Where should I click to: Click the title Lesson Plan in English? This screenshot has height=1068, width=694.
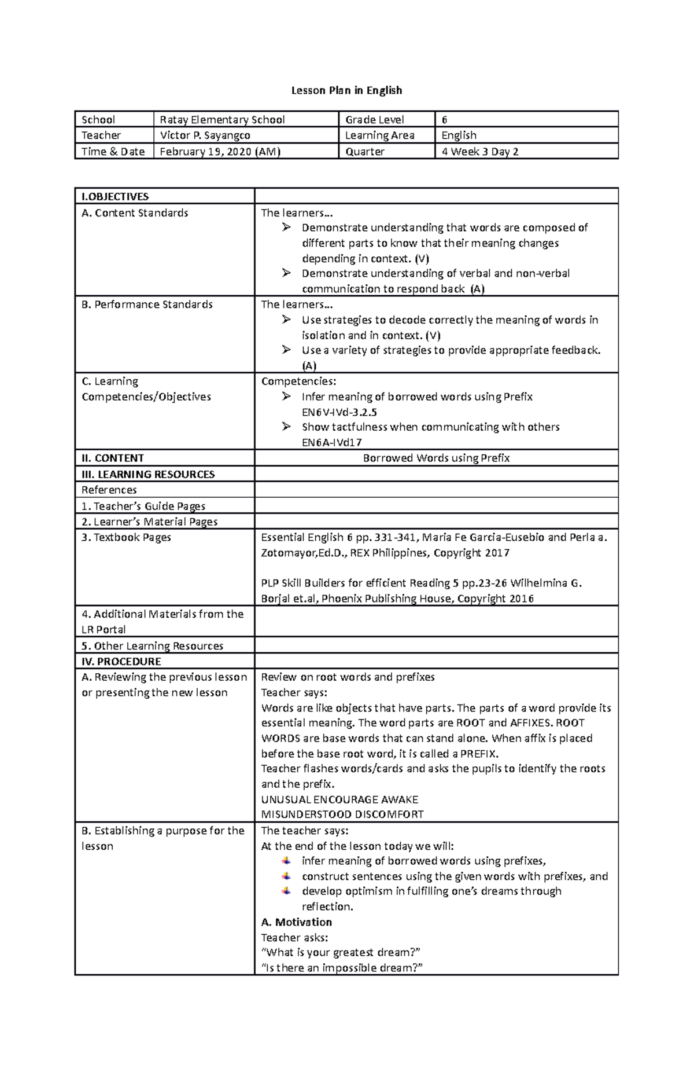pos(346,90)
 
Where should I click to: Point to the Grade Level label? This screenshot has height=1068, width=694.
pos(374,120)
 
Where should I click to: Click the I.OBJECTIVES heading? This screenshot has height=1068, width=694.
pos(115,197)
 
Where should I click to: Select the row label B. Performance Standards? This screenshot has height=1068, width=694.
pos(147,304)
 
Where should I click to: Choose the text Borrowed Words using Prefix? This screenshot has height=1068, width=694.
pos(436,458)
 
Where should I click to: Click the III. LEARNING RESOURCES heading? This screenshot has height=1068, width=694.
pos(148,474)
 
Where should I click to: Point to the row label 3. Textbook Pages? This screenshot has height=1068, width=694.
pos(126,537)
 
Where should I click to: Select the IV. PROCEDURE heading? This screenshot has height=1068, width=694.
pos(121,661)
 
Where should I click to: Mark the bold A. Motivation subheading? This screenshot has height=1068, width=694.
pos(296,922)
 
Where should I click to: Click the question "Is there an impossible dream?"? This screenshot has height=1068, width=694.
pos(342,968)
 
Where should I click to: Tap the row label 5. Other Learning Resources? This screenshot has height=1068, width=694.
pos(152,645)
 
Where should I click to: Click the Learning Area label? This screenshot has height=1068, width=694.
pos(379,135)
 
